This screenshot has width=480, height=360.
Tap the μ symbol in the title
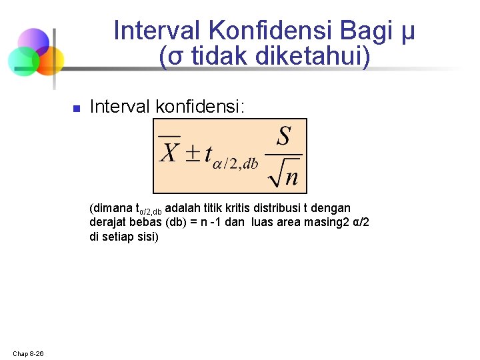407,32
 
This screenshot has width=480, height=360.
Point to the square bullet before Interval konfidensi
76,108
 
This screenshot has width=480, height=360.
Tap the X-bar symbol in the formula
169,151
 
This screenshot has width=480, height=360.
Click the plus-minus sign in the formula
192,154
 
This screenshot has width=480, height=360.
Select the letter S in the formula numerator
283,137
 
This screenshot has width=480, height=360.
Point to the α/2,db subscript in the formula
235,165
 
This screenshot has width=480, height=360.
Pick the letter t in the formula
208,154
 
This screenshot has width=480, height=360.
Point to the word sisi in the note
147,236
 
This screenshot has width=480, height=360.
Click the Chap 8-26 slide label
28,353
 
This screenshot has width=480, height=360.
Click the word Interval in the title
157,31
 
